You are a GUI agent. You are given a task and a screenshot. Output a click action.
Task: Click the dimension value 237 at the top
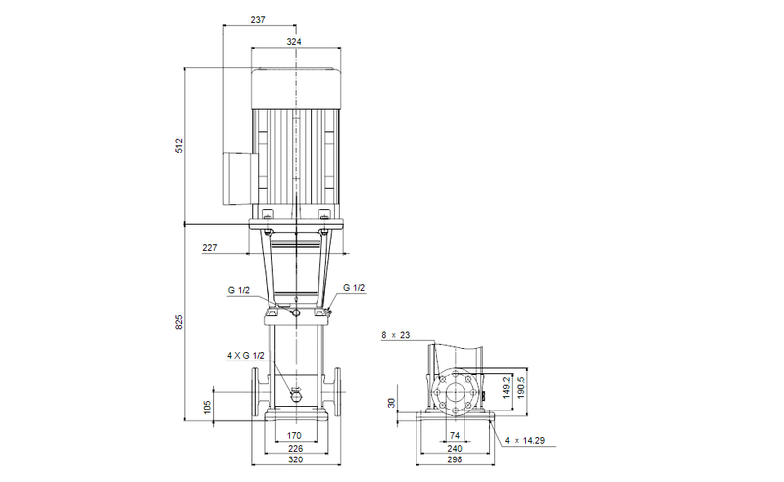point(258,19)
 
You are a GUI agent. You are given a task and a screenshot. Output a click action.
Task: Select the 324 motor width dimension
point(294,41)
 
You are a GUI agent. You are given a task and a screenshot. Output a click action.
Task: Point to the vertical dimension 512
point(178,146)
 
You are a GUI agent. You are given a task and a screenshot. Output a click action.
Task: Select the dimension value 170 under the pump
point(294,434)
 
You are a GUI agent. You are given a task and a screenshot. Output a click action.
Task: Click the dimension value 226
point(294,448)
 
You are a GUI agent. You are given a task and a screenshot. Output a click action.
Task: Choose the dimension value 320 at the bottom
point(294,461)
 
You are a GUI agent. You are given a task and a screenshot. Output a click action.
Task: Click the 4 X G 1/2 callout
point(245,354)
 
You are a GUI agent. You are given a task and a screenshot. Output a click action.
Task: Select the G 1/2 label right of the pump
point(354,287)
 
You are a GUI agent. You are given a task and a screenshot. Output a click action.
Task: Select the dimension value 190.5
point(522,384)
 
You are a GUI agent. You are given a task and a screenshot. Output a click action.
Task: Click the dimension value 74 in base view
point(454,434)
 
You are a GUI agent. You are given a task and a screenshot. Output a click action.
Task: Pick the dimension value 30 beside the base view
point(392,403)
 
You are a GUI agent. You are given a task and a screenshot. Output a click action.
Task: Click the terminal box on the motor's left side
point(237,177)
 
